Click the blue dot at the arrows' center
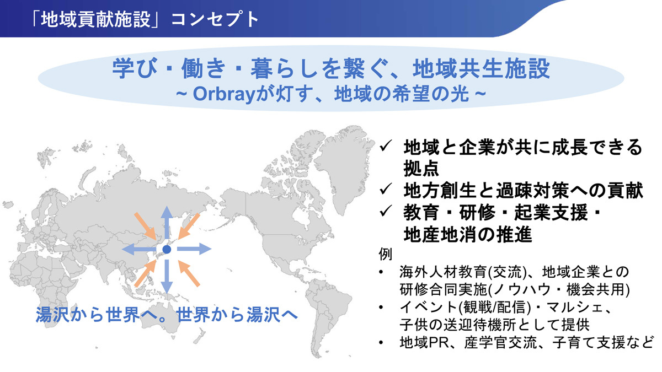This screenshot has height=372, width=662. pyautogui.click(x=167, y=250)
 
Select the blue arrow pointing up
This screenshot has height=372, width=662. pyautogui.click(x=167, y=222)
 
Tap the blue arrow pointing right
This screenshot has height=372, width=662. pyautogui.click(x=194, y=249)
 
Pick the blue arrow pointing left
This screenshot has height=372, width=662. pyautogui.click(x=139, y=250)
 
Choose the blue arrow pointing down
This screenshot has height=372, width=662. pyautogui.click(x=167, y=277)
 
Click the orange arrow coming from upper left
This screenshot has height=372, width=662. pyautogui.click(x=145, y=226)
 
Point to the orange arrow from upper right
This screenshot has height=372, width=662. pyautogui.click(x=189, y=226)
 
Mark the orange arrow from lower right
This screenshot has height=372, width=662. pyautogui.click(x=189, y=273)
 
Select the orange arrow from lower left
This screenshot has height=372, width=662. pyautogui.click(x=145, y=273)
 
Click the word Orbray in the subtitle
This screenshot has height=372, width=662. pyautogui.click(x=224, y=94)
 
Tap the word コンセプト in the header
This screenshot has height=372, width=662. pyautogui.click(x=215, y=19)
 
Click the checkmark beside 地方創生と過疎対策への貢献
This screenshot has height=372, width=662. pyautogui.click(x=386, y=189)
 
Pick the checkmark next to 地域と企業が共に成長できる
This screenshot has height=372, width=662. pyautogui.click(x=386, y=146)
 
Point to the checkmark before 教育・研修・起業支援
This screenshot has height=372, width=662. pyautogui.click(x=386, y=211)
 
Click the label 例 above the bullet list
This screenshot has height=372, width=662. pyautogui.click(x=386, y=254)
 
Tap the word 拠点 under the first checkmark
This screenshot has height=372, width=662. pyautogui.click(x=421, y=169)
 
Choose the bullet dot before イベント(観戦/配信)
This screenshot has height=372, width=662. pyautogui.click(x=381, y=308)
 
